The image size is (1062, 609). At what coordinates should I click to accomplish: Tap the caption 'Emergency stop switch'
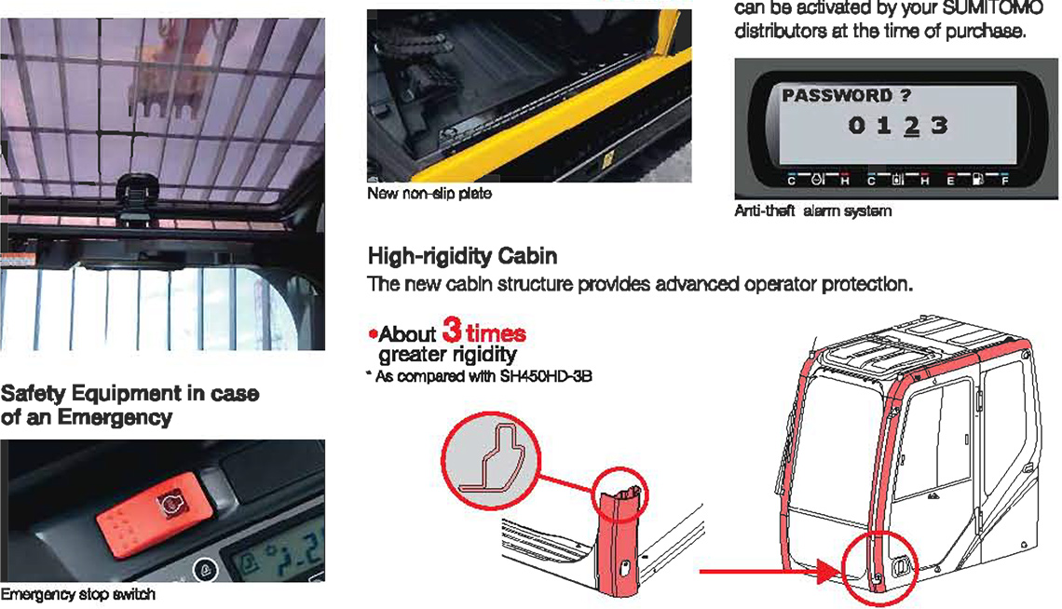[x=78, y=594]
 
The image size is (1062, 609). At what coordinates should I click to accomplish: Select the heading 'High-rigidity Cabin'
[x=463, y=256]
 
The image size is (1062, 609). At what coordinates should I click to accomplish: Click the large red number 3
[x=453, y=330]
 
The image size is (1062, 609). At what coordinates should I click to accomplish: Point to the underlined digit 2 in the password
[x=912, y=126]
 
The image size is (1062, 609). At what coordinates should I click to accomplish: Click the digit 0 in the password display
[x=857, y=125]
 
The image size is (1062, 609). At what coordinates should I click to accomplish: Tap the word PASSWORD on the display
[x=837, y=95]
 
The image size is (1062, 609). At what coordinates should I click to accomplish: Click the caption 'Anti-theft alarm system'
[x=812, y=211]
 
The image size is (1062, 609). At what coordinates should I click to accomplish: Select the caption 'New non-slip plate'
[x=429, y=194]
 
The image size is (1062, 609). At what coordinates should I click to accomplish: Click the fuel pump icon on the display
[x=977, y=180]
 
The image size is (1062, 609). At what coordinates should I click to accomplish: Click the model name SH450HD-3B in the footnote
[x=546, y=376]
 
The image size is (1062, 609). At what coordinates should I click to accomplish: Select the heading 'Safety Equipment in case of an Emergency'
[x=130, y=405]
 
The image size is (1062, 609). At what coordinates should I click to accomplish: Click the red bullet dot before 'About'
[x=373, y=333]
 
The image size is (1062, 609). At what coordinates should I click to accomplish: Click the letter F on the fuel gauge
[x=1005, y=182]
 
